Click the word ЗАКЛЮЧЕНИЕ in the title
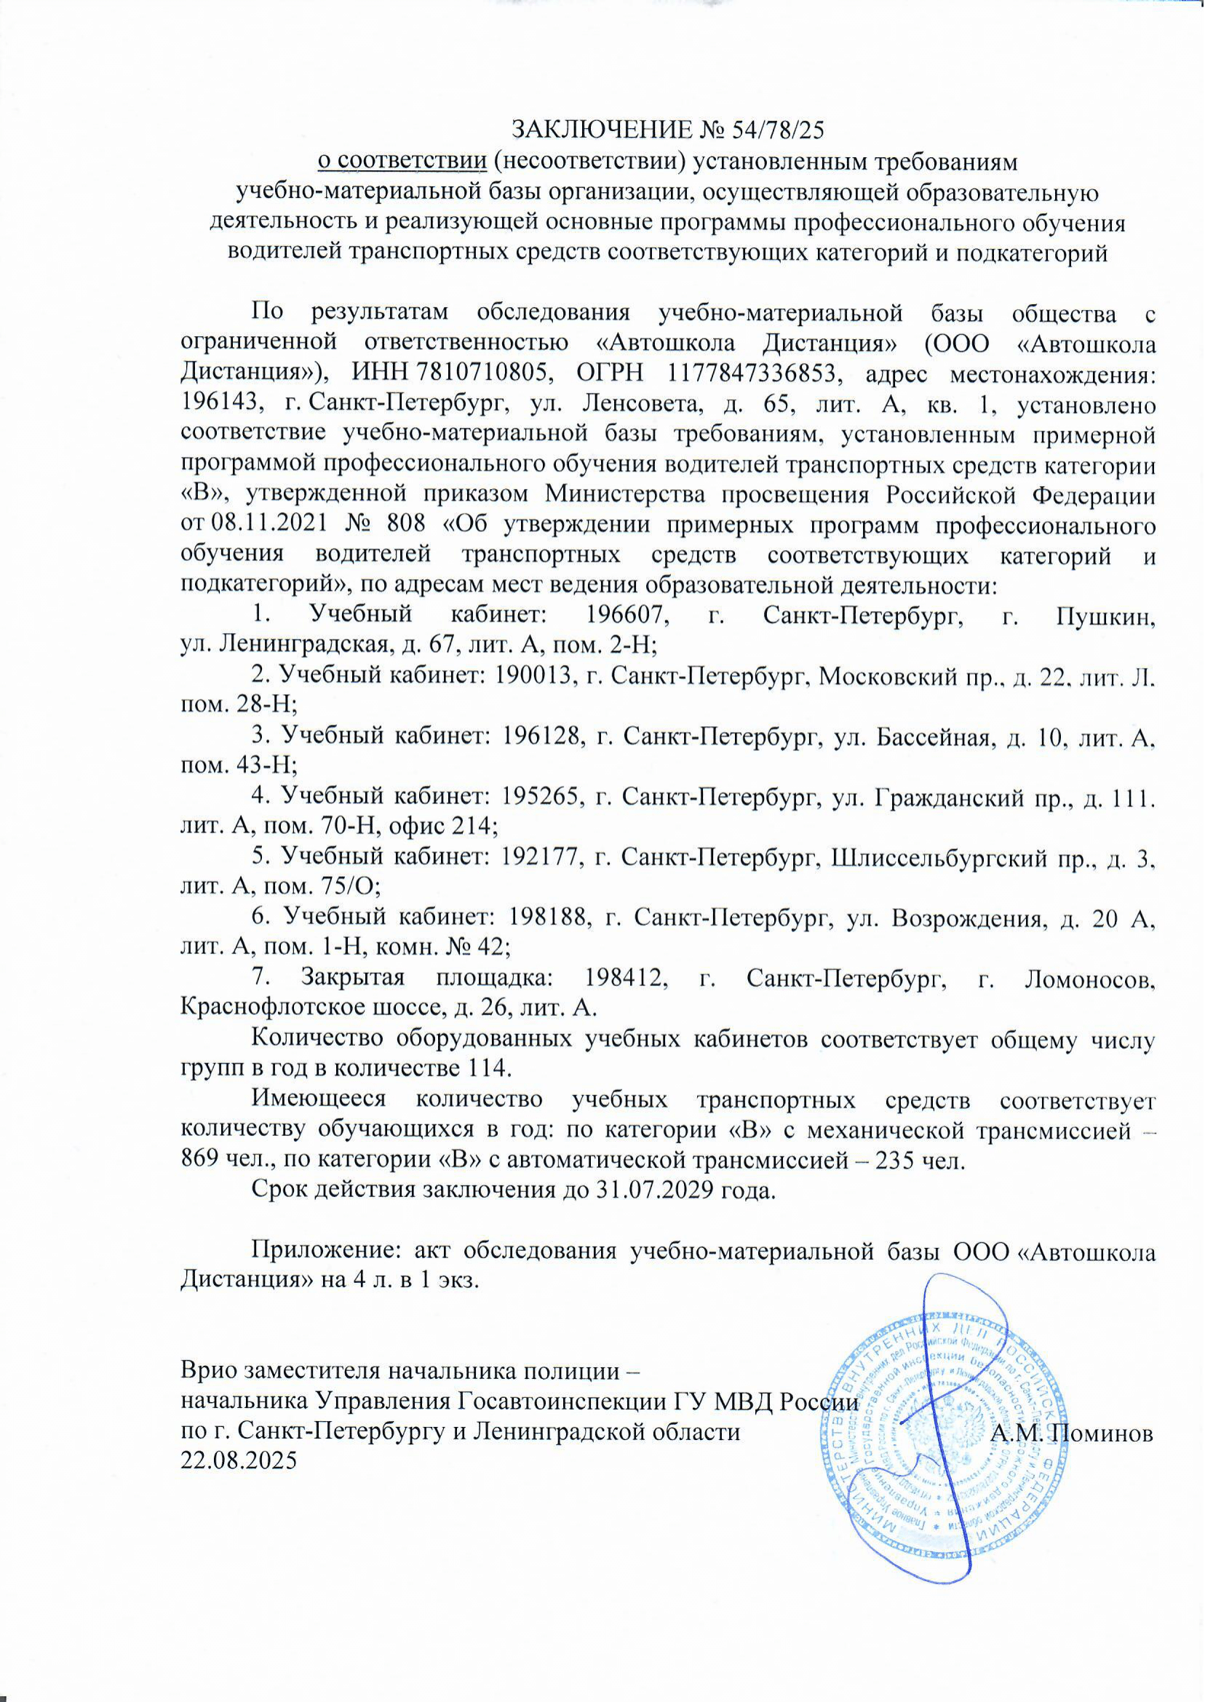coord(600,130)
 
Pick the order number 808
coord(407,525)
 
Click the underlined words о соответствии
coord(403,161)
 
